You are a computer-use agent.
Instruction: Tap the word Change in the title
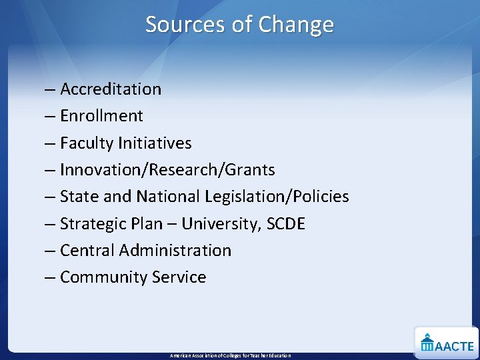[296, 25]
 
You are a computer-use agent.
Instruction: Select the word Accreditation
[111, 89]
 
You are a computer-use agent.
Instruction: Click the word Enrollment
[101, 116]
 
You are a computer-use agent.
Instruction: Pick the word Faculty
[86, 143]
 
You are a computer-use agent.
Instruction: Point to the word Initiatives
[155, 143]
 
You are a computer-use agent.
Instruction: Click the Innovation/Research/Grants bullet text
[167, 170]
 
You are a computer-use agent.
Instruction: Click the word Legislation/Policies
[275, 197]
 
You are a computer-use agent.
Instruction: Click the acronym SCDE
[285, 224]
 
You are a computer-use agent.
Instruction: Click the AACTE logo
[447, 343]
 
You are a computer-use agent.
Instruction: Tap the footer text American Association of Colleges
[230, 355]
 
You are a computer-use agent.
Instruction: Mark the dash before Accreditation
[51, 89]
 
